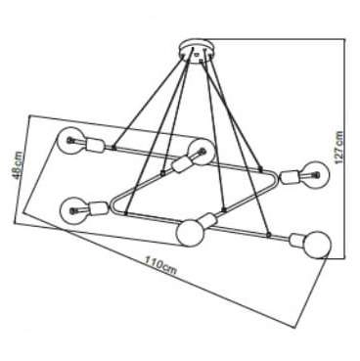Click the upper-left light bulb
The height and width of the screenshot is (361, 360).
[70, 139]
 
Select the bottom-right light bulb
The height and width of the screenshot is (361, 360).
[315, 244]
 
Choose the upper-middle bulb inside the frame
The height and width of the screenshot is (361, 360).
[201, 149]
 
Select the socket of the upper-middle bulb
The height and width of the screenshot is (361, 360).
[182, 162]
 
